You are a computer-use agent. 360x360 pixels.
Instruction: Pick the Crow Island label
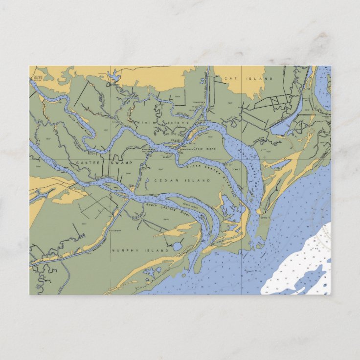tap(204, 148)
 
